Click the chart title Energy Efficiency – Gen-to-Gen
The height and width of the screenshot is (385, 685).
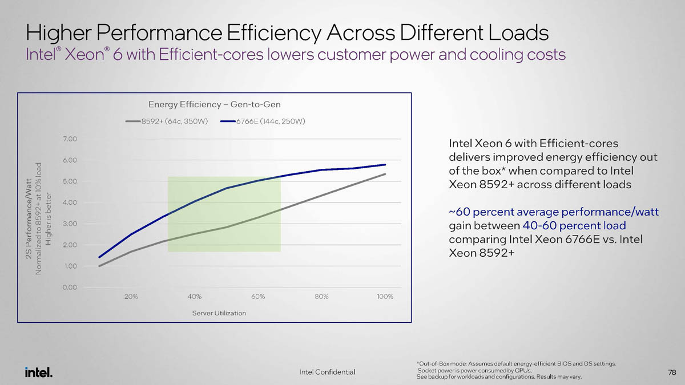click(x=214, y=104)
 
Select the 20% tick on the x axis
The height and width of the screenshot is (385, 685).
click(x=131, y=297)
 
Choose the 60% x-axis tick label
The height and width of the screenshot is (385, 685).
click(x=258, y=297)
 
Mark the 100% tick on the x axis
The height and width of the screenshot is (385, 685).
click(x=385, y=297)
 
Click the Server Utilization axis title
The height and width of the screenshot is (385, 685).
click(x=219, y=313)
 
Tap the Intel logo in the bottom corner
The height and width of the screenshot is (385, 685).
click(x=39, y=372)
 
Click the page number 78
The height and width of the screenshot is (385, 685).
click(x=672, y=372)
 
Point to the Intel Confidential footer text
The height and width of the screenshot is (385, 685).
click(x=327, y=372)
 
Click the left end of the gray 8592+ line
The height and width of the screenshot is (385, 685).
click(x=99, y=266)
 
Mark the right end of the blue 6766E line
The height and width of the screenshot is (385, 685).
click(x=385, y=165)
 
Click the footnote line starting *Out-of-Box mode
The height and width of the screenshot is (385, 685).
click(x=516, y=363)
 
